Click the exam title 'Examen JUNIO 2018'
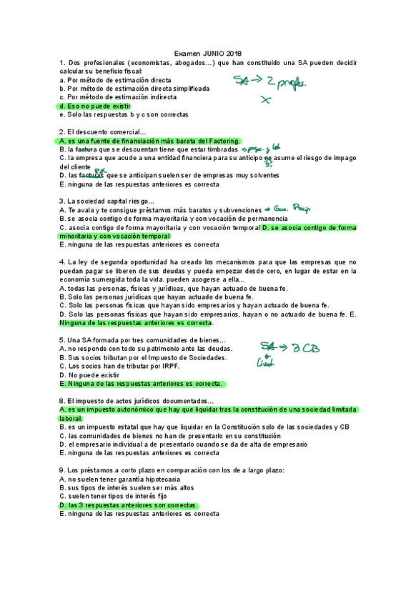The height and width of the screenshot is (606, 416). [208, 54]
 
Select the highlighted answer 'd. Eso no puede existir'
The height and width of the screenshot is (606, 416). [95, 106]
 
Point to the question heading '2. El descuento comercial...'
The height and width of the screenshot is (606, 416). [103, 132]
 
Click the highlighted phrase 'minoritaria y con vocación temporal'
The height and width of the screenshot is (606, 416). [115, 236]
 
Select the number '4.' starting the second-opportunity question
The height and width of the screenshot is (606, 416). [63, 262]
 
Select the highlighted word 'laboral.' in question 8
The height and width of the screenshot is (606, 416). [71, 418]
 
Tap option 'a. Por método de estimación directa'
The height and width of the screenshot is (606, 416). [115, 80]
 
